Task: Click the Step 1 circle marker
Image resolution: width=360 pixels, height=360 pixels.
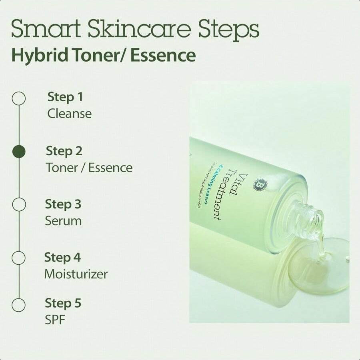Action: tap(19, 98)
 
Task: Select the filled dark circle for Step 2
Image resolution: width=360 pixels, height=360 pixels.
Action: tap(19, 152)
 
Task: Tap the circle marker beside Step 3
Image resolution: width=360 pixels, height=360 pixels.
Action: tap(19, 205)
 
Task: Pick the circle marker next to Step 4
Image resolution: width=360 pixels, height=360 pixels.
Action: tap(19, 258)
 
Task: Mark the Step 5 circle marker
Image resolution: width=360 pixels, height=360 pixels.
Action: tap(19, 305)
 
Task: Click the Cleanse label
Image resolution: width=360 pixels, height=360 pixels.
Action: tap(69, 114)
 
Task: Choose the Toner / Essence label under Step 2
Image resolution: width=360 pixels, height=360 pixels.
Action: tap(89, 168)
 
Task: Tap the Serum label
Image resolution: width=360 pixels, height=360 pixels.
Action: tap(63, 221)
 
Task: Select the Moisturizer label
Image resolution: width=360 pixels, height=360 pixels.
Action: tap(76, 274)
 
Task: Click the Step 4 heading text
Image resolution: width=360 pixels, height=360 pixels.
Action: tap(62, 257)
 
